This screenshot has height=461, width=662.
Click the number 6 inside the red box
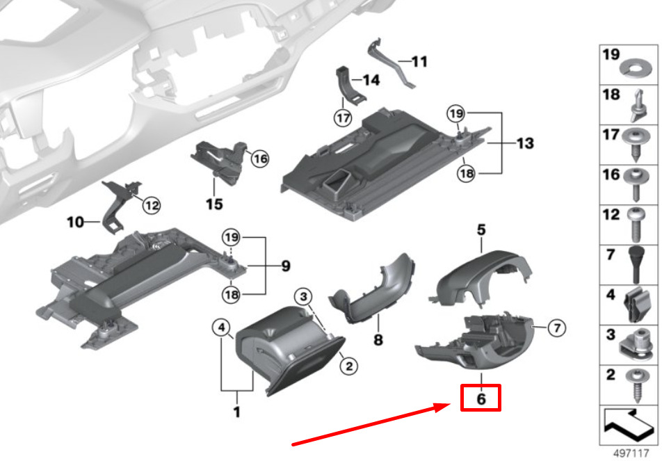pos(481,398)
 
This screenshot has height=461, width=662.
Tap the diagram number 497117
pos(631,453)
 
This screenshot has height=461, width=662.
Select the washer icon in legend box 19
pos(636,68)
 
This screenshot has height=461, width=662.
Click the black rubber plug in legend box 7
pos(636,264)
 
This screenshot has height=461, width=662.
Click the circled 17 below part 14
pos(343,118)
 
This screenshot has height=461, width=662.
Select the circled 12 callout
pos(152,206)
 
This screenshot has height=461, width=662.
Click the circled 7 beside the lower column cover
pos(556,327)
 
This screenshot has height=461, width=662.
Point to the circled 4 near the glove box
pos(221,327)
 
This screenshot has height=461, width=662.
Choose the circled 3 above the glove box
pos(304,296)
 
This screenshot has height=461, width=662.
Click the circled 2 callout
pos(349,366)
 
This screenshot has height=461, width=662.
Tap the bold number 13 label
pos(525,143)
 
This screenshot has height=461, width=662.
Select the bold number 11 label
pos(419,62)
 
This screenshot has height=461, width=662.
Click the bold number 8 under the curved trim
pos(378,339)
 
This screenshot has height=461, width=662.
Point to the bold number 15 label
pos(214,204)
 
